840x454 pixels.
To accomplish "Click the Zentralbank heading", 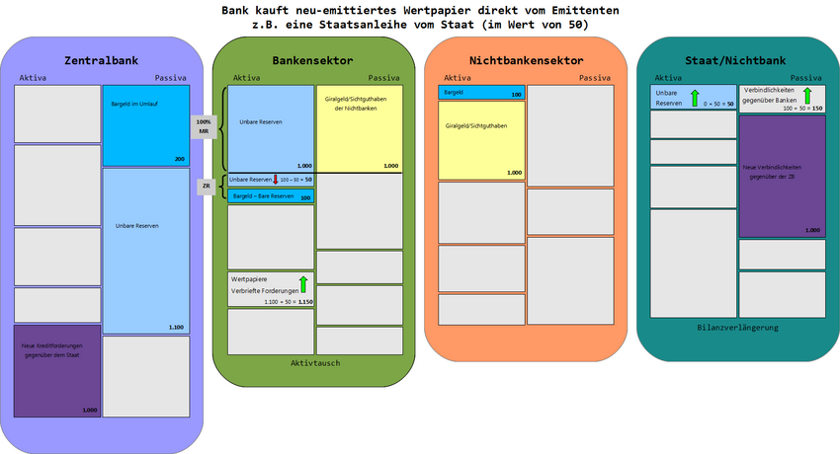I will click(100, 61).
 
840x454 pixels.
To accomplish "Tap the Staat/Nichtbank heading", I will click(736, 61).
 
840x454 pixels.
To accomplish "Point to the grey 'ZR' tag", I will click(206, 187).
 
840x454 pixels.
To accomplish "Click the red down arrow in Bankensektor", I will click(276, 180).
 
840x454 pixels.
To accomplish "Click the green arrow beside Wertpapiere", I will click(303, 285).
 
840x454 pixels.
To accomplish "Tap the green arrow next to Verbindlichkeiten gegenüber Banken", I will click(807, 96).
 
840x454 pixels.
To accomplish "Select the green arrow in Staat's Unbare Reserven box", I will click(695, 97).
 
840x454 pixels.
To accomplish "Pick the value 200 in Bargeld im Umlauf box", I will click(179, 159).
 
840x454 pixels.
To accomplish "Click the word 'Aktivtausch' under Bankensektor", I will click(315, 363).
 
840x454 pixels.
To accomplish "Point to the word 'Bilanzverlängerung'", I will click(738, 328).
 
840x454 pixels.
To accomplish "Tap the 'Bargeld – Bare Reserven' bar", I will click(264, 196).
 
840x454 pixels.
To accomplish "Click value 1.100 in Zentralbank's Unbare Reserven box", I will click(176, 327).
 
